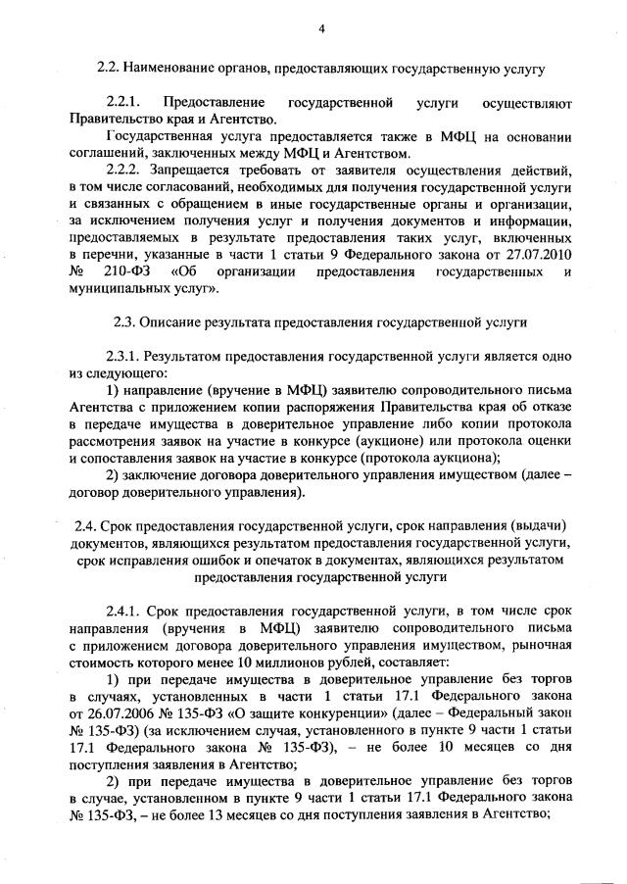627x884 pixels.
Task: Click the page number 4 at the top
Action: coord(320,28)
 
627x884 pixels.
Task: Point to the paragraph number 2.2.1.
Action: coord(124,102)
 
